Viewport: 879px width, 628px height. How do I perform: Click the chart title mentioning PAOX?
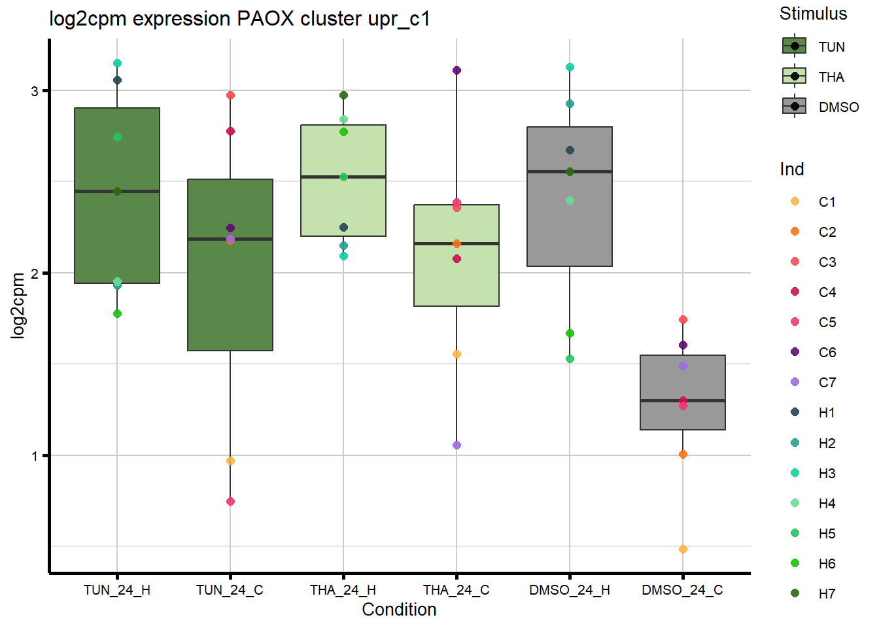point(239,19)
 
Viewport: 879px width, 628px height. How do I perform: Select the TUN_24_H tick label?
point(117,590)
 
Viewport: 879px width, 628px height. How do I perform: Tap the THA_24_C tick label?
point(456,590)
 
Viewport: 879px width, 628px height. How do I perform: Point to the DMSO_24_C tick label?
point(682,590)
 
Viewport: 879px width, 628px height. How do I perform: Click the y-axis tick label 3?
point(35,91)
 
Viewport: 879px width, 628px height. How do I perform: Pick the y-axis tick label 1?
point(35,456)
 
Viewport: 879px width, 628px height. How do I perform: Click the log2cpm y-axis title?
point(18,305)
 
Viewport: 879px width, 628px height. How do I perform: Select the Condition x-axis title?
point(399,610)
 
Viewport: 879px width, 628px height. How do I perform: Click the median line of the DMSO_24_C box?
point(683,400)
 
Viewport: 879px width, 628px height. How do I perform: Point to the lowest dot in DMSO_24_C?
point(683,549)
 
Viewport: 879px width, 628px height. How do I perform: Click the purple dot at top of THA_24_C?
point(457,70)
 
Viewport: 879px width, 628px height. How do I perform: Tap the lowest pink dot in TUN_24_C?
point(230,501)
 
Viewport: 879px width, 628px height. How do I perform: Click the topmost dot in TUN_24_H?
point(117,63)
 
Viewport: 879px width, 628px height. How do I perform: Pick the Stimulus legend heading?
point(813,14)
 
